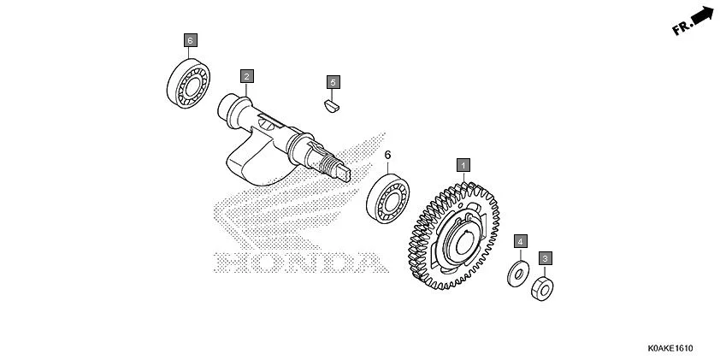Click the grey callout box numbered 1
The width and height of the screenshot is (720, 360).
(x=463, y=165)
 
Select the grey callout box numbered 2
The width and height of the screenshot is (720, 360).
(x=246, y=76)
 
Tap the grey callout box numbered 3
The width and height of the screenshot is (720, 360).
(x=545, y=258)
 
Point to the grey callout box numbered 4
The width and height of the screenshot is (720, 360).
(x=520, y=241)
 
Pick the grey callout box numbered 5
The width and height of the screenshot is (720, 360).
(x=333, y=82)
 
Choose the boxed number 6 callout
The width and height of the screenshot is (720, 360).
(x=191, y=40)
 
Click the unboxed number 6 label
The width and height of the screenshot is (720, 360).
(x=387, y=156)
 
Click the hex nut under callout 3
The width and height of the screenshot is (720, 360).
(x=542, y=289)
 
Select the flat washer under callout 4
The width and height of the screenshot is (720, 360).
(x=518, y=274)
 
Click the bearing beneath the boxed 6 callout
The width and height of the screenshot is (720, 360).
(x=188, y=84)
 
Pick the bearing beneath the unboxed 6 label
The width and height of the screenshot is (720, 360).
(x=388, y=198)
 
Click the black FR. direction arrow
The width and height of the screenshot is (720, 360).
(x=703, y=15)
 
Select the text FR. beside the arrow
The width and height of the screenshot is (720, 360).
(x=682, y=27)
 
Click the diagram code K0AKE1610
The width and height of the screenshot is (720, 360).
(x=670, y=348)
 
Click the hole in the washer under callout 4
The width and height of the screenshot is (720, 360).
(x=519, y=274)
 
